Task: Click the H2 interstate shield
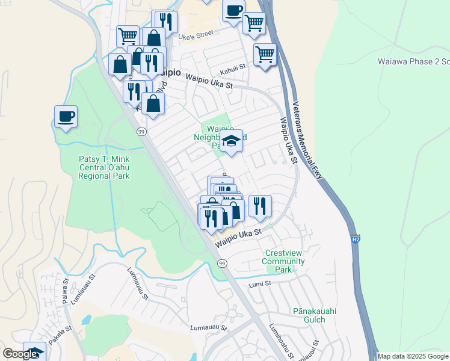point(355,239)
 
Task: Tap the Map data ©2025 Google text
point(413,356)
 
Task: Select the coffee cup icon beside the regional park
point(66,116)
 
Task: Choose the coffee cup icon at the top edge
point(233,10)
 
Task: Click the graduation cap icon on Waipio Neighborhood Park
point(230,141)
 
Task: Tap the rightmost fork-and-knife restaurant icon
point(260,205)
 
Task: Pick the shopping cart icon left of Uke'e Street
point(128,36)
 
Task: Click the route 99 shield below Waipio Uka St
point(222,264)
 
